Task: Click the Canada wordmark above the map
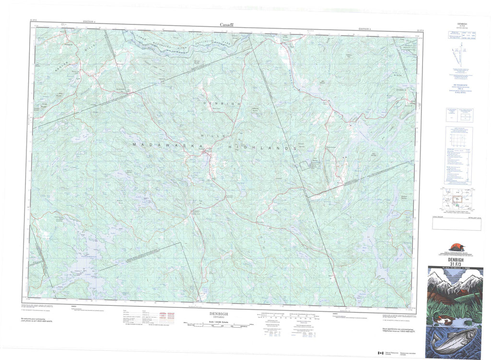[226, 25]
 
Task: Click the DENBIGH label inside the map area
[221, 104]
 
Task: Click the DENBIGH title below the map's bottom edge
[218, 314]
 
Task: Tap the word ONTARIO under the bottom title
[218, 318]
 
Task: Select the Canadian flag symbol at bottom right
[381, 353]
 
